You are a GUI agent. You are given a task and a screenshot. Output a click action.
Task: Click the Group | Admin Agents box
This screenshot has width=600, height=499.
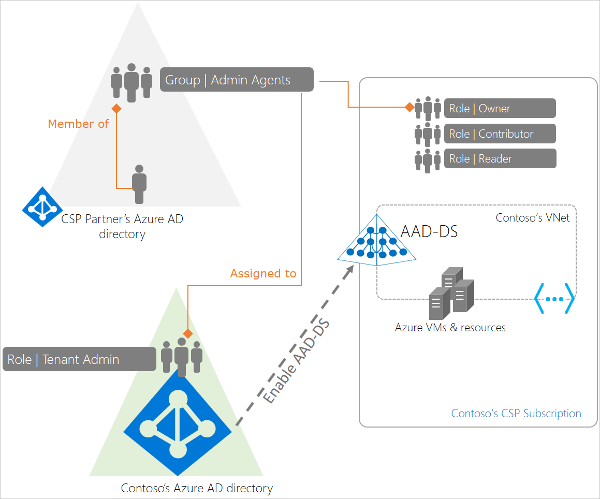coord(237,80)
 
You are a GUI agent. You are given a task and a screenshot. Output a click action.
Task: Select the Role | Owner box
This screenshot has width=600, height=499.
coord(500,108)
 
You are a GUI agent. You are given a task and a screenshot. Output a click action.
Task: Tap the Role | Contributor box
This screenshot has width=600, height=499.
coord(500,134)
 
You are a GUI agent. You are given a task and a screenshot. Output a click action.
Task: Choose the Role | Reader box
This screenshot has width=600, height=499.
coord(500,159)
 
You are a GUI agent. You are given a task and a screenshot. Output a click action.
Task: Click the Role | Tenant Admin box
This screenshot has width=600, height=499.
coord(79,359)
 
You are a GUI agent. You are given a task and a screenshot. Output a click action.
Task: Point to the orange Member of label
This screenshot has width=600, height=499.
coord(78,124)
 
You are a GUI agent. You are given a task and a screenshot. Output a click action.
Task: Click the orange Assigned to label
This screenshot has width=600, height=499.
coord(263,273)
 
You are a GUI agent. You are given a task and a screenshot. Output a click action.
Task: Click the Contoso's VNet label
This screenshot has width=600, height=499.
coord(533,218)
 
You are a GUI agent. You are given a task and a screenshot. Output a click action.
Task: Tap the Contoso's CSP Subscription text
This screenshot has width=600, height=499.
coord(516,413)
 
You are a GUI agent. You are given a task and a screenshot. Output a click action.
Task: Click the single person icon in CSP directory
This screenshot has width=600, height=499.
coord(139,184)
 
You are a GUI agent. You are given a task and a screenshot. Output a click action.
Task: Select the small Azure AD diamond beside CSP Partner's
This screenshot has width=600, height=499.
coord(42,207)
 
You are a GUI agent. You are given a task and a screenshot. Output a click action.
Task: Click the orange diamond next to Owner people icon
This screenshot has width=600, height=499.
coord(409,108)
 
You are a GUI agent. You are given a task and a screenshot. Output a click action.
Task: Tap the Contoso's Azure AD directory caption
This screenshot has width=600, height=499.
coord(197,488)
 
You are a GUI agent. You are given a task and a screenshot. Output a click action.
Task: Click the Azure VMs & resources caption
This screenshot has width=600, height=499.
coord(450,327)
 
